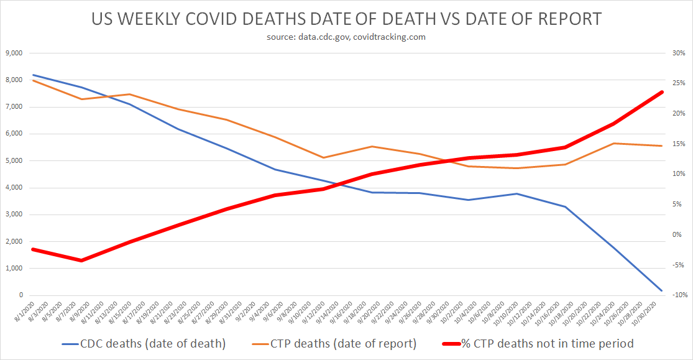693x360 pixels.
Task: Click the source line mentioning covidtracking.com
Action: click(x=346, y=37)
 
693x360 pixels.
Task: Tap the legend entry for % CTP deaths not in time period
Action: click(x=538, y=343)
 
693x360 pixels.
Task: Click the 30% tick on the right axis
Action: click(x=679, y=53)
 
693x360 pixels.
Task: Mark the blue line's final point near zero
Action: click(x=661, y=290)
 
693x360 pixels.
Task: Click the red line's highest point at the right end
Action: click(x=661, y=92)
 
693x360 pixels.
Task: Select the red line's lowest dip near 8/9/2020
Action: click(x=81, y=261)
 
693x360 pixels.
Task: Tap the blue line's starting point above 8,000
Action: click(x=32, y=75)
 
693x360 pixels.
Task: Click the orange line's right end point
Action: click(x=661, y=145)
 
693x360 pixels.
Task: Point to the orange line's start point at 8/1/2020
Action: click(x=32, y=80)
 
